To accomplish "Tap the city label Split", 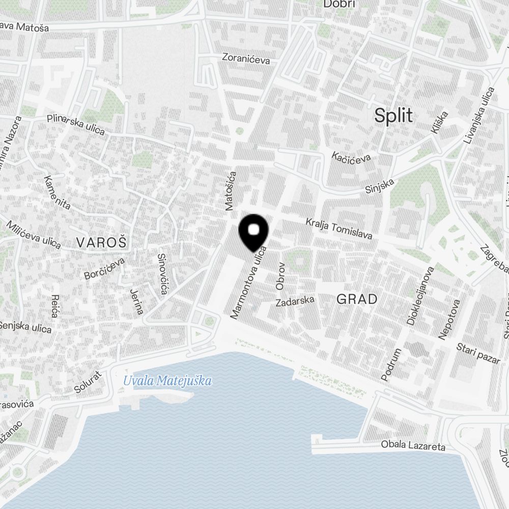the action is (x=393, y=116).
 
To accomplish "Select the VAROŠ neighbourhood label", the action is (x=101, y=242).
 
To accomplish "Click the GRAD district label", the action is (x=357, y=299).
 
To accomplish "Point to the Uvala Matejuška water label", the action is (x=167, y=380).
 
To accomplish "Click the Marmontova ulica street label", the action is (x=249, y=282).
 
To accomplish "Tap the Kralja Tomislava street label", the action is (x=339, y=229).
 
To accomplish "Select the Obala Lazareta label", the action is (x=413, y=446).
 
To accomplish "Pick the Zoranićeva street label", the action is (x=246, y=59).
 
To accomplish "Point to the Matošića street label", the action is (x=231, y=191).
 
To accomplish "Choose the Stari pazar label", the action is (x=478, y=353).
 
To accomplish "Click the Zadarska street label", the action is (x=295, y=302).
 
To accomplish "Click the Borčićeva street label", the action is (x=104, y=268).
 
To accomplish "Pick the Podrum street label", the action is (x=391, y=365).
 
